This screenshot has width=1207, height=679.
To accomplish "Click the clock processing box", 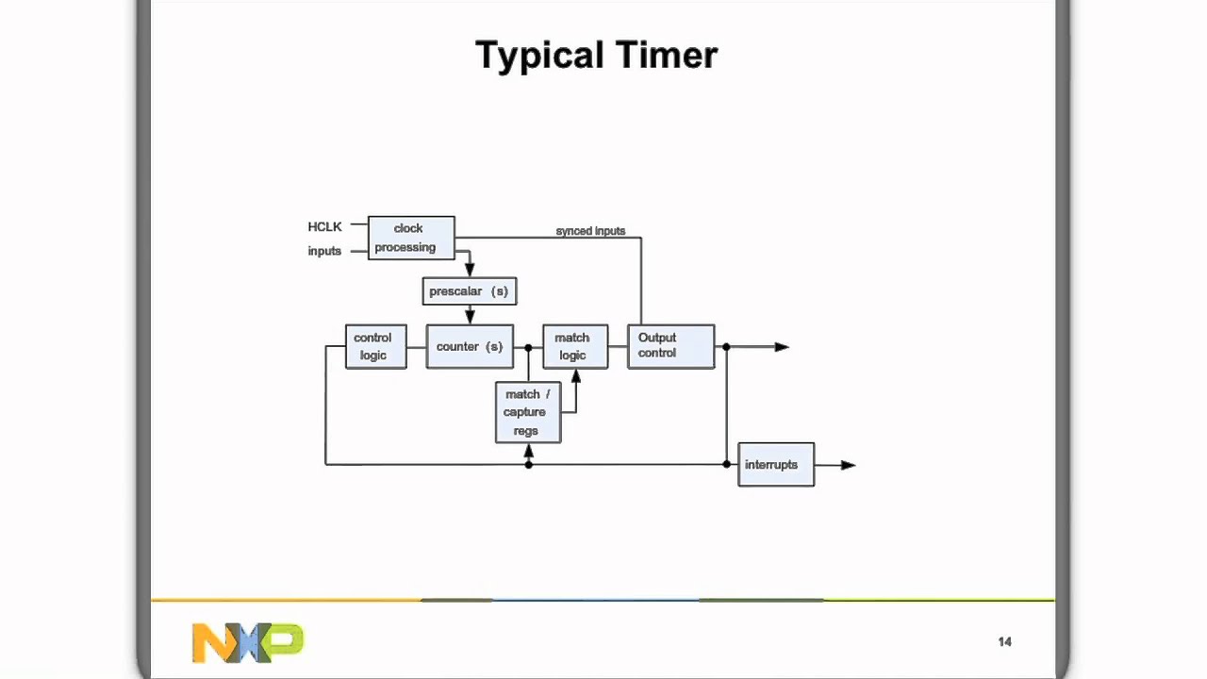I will click(411, 238).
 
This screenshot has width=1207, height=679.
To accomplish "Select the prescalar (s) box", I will click(470, 291).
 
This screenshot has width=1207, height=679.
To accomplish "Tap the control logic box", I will click(375, 346).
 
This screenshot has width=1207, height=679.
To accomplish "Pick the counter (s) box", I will click(470, 346).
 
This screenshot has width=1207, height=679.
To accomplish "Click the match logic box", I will click(575, 346).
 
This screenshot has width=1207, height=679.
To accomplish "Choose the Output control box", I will click(670, 346).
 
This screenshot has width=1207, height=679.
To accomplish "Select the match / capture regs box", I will click(528, 412).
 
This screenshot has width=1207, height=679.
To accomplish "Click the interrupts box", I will click(775, 465).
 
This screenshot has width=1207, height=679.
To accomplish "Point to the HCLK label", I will click(324, 227).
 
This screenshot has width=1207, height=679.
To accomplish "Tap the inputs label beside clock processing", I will click(324, 251).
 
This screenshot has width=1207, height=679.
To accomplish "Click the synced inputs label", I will click(590, 231).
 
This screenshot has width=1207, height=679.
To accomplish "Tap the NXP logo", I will click(247, 642).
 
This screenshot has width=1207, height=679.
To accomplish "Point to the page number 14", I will click(1004, 642).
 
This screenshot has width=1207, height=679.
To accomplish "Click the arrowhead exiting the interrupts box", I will click(848, 465).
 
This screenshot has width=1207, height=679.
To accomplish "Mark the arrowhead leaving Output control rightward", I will click(782, 347).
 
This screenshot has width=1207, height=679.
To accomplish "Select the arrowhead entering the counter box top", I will click(470, 318).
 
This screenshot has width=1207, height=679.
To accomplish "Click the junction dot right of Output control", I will click(726, 347).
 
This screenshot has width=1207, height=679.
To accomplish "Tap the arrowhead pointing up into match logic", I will click(576, 375).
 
